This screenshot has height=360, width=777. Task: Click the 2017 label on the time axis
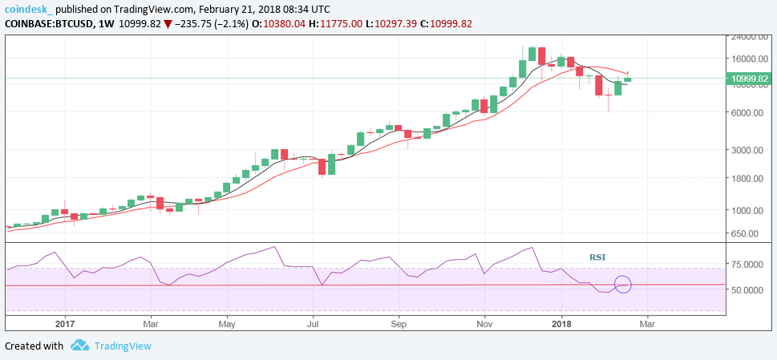pyautogui.click(x=65, y=324)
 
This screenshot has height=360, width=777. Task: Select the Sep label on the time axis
pyautogui.click(x=399, y=324)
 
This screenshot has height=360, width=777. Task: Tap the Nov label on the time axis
pyautogui.click(x=484, y=324)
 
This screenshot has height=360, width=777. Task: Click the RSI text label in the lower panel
pyautogui.click(x=597, y=257)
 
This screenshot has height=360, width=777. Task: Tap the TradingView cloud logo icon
pyautogui.click(x=79, y=346)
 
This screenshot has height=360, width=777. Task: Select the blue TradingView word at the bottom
pyautogui.click(x=123, y=346)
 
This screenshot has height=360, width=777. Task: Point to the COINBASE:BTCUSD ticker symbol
pyautogui.click(x=46, y=23)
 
